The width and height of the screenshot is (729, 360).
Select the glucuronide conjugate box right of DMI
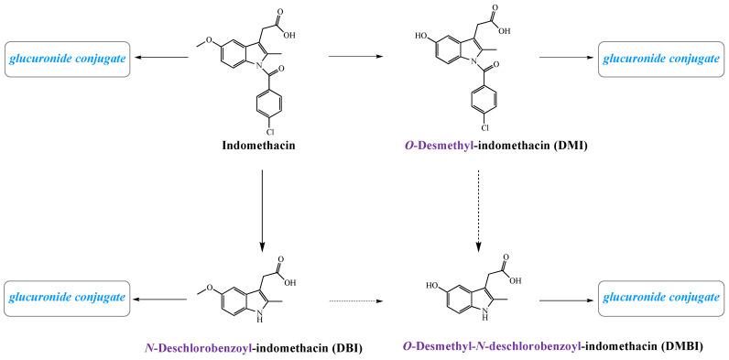pos(658,59)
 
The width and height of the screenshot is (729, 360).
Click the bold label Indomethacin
pos(262,146)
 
